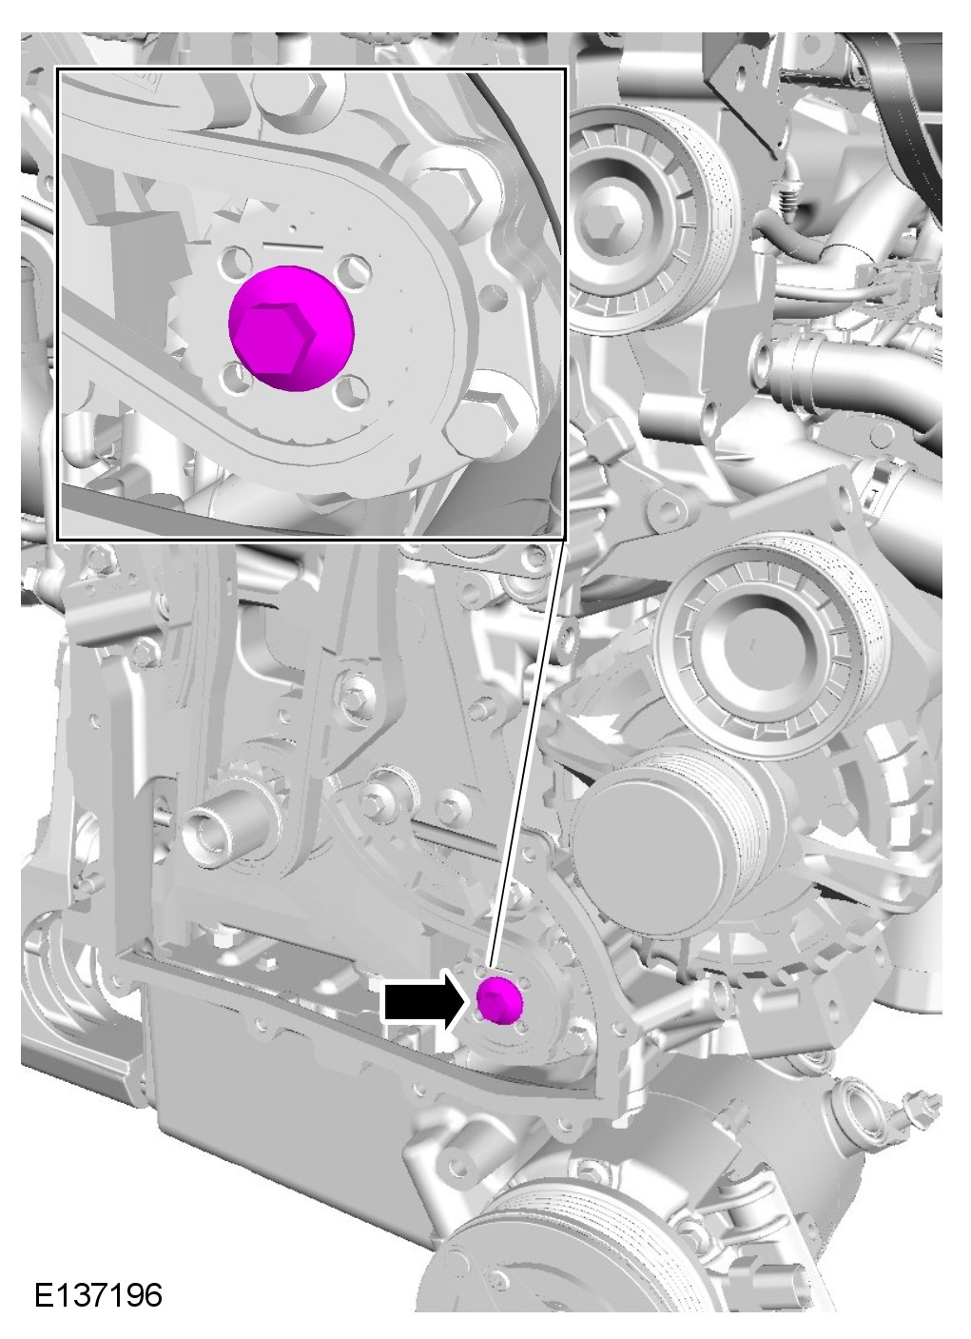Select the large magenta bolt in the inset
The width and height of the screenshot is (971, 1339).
point(292,328)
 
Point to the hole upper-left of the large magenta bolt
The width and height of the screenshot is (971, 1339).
point(236,263)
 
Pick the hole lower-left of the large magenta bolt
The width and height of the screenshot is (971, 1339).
point(236,379)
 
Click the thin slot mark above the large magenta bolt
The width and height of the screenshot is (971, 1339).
point(293,245)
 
